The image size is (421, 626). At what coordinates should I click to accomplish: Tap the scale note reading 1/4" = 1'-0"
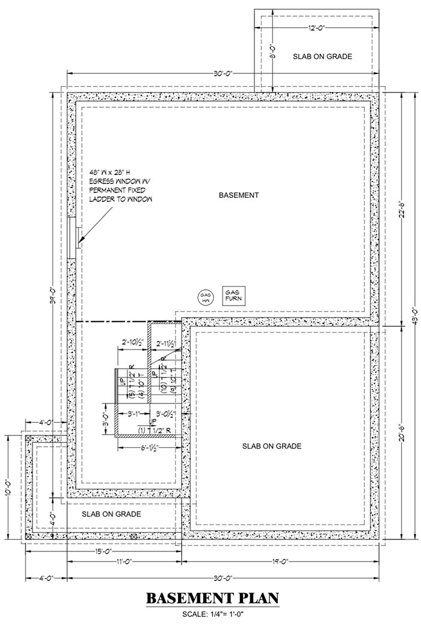[212, 614]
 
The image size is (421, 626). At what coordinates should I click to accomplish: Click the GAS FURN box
[232, 294]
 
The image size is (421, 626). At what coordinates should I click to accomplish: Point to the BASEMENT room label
[238, 195]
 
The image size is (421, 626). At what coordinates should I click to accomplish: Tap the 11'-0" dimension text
[124, 562]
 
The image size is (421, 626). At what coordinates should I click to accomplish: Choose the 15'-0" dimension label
[103, 551]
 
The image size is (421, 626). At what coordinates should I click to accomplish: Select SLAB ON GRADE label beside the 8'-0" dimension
[322, 56]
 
